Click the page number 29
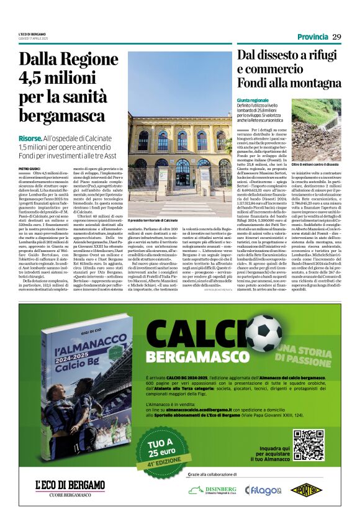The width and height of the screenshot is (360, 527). click(336, 37)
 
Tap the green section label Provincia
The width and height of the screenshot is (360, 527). click(312, 37)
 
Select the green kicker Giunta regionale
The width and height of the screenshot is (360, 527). click(253, 99)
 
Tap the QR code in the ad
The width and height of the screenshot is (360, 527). click(308, 444)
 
